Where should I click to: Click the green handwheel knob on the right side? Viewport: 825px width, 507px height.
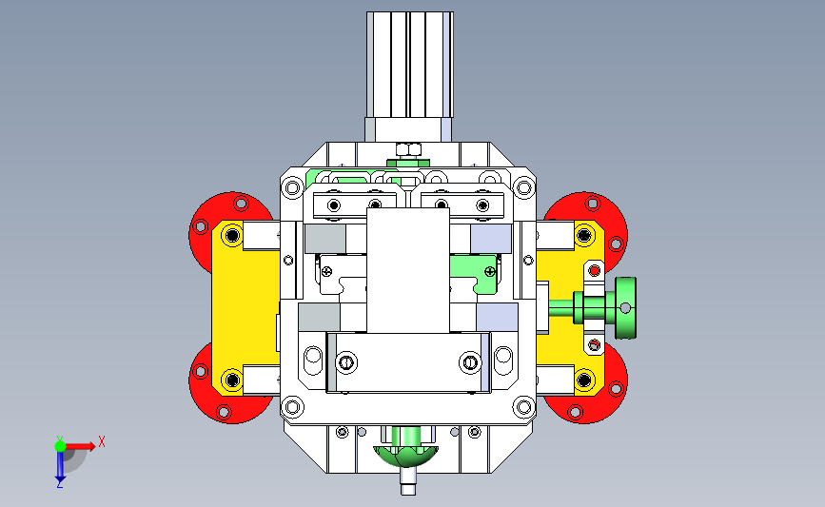625,307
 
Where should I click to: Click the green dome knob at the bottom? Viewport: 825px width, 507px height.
405,456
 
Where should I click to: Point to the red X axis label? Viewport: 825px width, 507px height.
102,441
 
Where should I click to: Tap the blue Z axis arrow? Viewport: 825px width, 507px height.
60,466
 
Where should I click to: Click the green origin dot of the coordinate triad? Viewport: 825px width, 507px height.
60,446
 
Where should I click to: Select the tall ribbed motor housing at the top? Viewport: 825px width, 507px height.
410,64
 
